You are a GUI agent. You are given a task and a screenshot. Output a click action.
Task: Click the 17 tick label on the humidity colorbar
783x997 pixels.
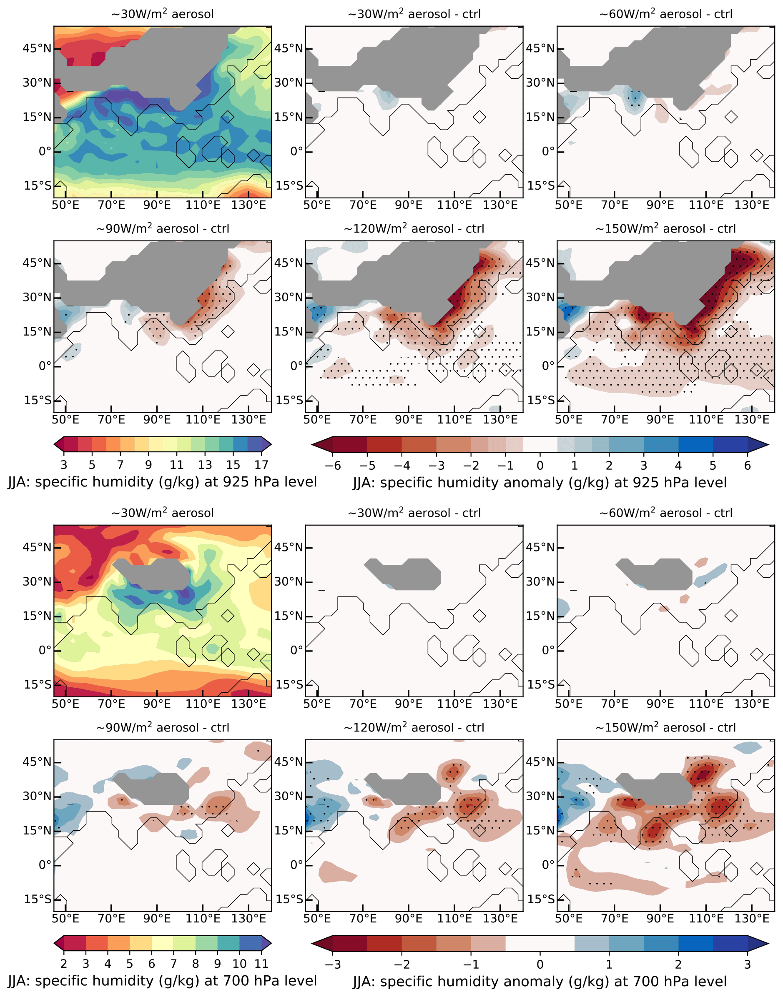click(x=261, y=465)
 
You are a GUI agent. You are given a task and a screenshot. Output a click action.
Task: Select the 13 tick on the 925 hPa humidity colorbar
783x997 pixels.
click(x=205, y=465)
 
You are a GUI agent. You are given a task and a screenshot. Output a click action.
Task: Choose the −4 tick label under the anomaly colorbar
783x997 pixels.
click(x=402, y=466)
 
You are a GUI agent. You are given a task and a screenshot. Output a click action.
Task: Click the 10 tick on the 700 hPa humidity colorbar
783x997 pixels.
click(x=239, y=964)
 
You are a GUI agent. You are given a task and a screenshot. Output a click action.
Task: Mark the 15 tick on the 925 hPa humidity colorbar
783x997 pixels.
click(x=233, y=465)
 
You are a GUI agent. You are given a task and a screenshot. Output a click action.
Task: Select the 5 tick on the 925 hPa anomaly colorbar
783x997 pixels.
click(x=713, y=466)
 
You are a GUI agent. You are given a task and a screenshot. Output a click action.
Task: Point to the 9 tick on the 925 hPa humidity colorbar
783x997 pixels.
click(x=148, y=465)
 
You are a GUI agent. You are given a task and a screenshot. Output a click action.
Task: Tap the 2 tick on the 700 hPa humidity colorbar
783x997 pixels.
click(x=64, y=964)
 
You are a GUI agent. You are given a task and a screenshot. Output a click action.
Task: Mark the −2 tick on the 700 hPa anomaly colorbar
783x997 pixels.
click(x=402, y=964)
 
